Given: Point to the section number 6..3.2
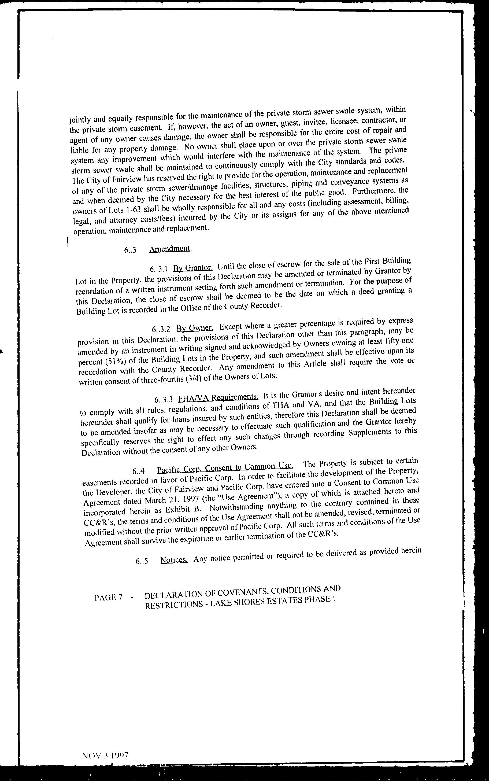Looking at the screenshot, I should tap(161, 329).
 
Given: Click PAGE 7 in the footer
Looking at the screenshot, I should tap(108, 598).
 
